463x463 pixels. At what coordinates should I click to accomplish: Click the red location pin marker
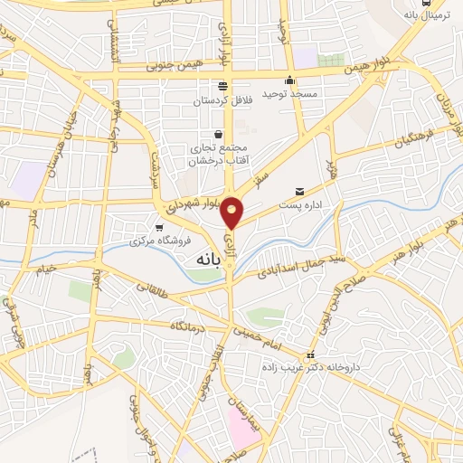point(232,212)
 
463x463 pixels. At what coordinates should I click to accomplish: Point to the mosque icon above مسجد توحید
point(288,80)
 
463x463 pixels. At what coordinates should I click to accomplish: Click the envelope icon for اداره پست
point(299,191)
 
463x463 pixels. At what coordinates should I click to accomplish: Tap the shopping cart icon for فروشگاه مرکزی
point(160,227)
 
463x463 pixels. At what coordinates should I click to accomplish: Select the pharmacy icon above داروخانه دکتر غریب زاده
point(310,354)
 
